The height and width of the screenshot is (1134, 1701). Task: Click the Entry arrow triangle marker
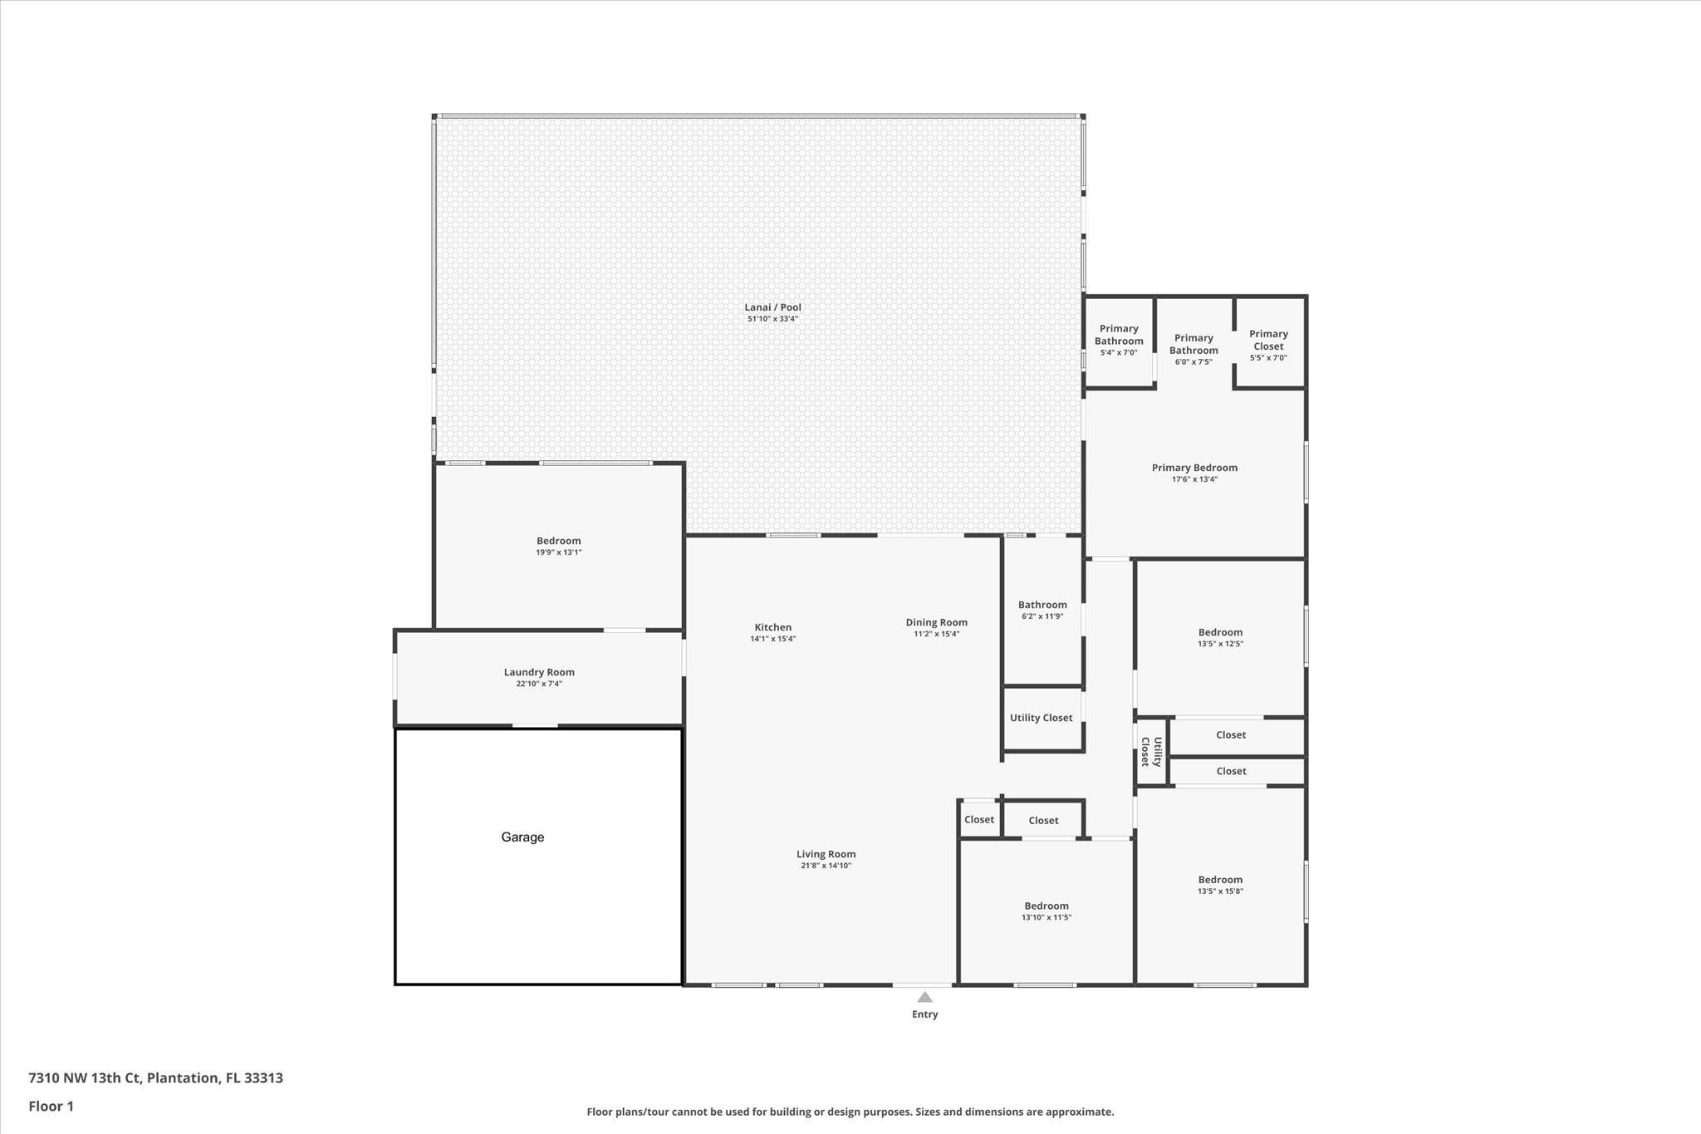pos(924,997)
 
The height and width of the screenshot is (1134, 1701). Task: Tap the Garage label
pos(522,837)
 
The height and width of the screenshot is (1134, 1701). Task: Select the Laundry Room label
pos(539,672)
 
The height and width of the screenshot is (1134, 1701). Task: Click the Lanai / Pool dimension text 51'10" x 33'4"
pos(772,319)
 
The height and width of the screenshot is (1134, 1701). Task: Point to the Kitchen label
pos(772,627)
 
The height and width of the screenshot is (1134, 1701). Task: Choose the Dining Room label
pos(936,622)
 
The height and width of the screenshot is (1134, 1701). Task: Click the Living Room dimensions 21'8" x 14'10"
pos(826,866)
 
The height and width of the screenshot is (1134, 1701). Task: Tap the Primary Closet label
pos(1268,340)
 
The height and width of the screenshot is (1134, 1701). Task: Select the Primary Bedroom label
pos(1194,468)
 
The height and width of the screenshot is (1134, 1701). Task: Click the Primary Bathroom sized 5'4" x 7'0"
pos(1119,335)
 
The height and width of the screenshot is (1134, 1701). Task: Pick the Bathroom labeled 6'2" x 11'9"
pos(1042,605)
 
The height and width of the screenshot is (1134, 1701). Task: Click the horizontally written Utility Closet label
pos(1041,718)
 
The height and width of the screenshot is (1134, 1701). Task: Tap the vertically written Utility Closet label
pos(1150,751)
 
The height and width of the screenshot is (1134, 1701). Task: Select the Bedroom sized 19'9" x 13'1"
pos(558,541)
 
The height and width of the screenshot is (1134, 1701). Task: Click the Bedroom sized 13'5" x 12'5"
pos(1220,632)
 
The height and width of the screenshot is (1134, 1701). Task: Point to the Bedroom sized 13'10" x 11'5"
pos(1046,906)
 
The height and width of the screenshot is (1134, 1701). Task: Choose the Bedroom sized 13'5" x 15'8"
pos(1220,880)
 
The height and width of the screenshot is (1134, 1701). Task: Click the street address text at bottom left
pos(155,1078)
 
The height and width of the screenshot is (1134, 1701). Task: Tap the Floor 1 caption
pos(51,1107)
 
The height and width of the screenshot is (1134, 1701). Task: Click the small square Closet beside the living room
pos(978,820)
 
